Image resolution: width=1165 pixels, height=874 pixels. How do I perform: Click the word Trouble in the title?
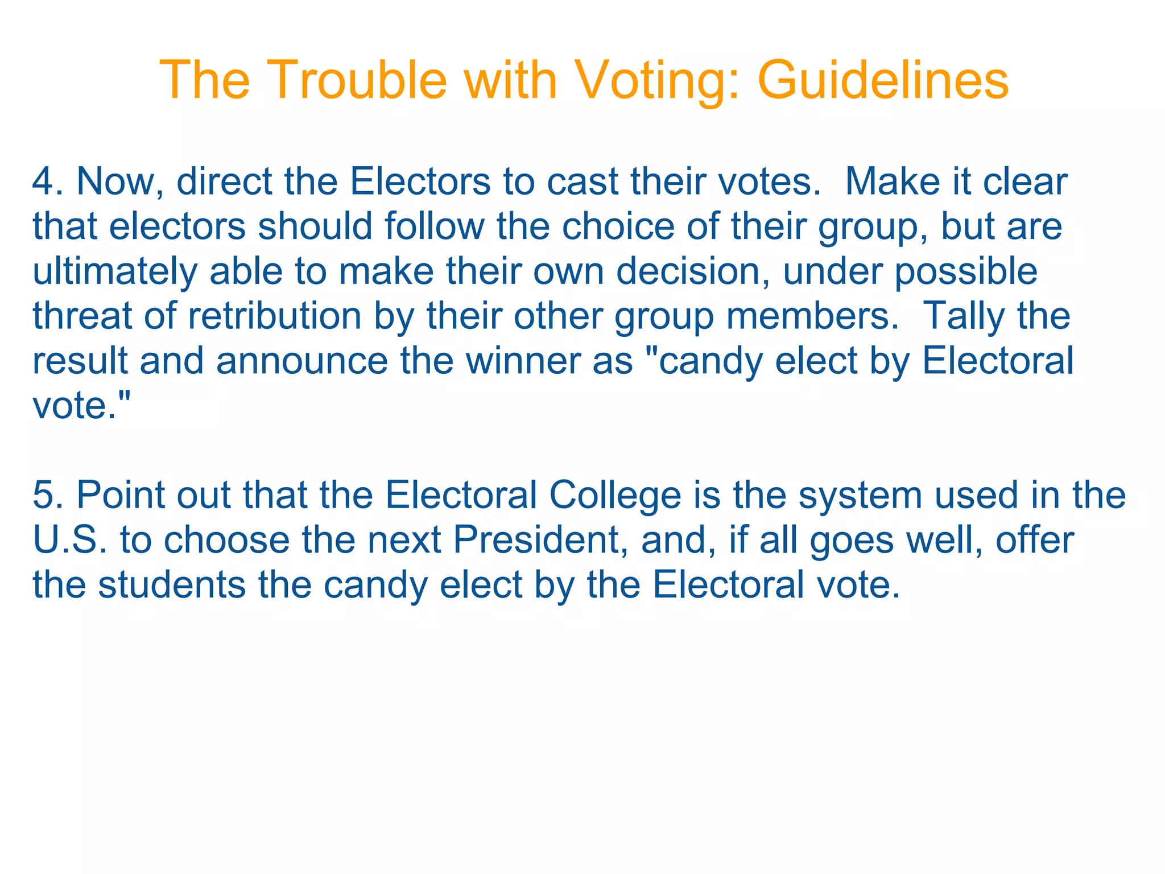point(355,80)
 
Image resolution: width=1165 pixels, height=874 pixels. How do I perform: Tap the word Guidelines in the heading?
point(883,80)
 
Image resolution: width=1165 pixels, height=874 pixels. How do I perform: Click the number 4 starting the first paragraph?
point(43,182)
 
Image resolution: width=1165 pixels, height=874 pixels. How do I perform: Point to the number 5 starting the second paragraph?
point(43,495)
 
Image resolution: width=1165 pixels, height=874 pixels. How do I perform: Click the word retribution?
point(275,316)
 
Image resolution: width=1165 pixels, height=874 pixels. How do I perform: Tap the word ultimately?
point(114,271)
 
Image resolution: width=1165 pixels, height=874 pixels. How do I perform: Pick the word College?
point(615,495)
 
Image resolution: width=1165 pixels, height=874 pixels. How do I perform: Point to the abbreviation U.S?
point(70,539)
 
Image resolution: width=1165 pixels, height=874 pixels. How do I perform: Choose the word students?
point(172,584)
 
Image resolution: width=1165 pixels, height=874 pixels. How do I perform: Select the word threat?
point(82,316)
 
